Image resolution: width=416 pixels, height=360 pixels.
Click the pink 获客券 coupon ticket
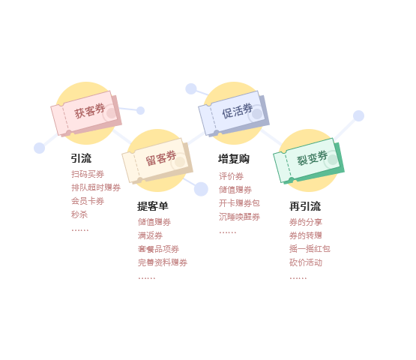click(86, 114)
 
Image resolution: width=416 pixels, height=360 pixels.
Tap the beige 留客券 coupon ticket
click(157, 161)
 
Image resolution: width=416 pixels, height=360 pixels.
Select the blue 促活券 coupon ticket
click(234, 114)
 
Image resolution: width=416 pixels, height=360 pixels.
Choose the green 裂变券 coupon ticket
click(309, 161)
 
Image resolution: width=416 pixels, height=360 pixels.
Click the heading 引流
click(81, 158)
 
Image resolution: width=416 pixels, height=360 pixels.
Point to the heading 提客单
click(153, 206)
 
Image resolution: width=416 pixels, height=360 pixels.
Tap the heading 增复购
click(234, 159)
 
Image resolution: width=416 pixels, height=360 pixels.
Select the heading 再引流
click(305, 206)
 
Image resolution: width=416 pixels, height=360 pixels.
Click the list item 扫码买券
click(88, 174)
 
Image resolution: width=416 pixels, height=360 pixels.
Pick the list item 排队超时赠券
click(96, 187)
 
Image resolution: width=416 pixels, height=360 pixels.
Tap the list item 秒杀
click(79, 214)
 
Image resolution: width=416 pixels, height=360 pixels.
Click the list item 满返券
click(150, 235)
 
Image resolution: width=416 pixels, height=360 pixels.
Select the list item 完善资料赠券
click(163, 262)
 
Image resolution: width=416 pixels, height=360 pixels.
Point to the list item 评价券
click(231, 176)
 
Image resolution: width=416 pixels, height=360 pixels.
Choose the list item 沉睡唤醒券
click(239, 217)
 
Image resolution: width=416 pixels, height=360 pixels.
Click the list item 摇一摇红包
click(310, 249)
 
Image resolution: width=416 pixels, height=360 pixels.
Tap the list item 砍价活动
click(306, 262)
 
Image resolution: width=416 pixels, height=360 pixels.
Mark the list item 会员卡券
click(88, 201)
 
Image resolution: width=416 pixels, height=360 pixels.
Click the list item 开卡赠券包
click(239, 203)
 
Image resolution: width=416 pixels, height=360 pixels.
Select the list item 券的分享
click(306, 222)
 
